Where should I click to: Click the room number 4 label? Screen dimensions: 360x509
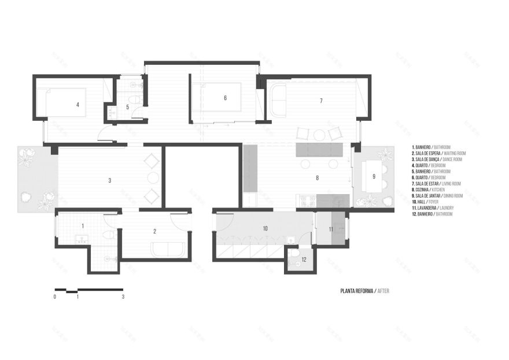(x=78, y=105)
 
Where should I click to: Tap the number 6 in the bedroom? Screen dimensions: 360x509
(x=225, y=98)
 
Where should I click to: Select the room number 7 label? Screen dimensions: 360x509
(x=320, y=101)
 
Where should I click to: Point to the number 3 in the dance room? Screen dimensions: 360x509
(x=110, y=180)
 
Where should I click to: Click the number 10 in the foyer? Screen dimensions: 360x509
(x=265, y=229)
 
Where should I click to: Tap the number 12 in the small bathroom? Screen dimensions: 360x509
(x=304, y=260)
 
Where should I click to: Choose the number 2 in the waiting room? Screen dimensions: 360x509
(x=155, y=231)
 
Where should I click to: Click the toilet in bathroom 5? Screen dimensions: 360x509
(x=135, y=100)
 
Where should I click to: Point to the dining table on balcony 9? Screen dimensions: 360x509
(x=374, y=176)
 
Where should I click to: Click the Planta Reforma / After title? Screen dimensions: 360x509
(x=364, y=291)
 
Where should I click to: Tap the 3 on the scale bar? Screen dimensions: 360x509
(x=123, y=296)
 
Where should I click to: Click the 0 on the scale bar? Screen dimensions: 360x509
(x=55, y=296)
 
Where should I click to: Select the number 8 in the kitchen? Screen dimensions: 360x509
(x=317, y=179)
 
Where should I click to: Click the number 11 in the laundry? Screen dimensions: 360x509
(x=331, y=229)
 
